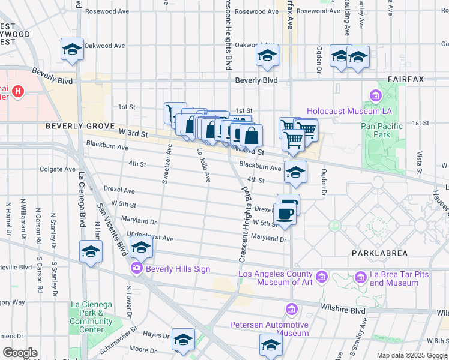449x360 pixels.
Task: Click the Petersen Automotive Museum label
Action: click(270, 329)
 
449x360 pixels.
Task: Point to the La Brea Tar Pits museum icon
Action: click(360, 277)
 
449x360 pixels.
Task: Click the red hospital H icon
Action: click(18, 92)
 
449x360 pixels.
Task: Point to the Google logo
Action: click(19, 353)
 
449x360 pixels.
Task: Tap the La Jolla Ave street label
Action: click(204, 166)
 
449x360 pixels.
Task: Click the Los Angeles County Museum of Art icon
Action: click(322, 277)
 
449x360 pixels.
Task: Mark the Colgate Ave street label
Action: click(58, 169)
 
